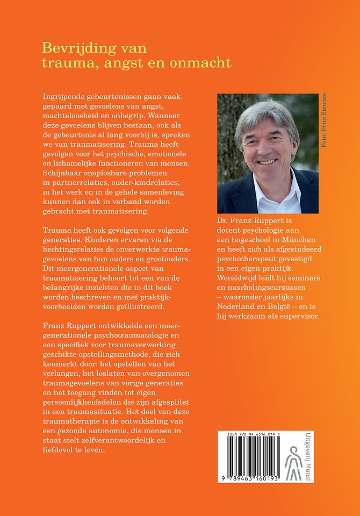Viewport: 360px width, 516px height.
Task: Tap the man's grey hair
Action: click(263, 110)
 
